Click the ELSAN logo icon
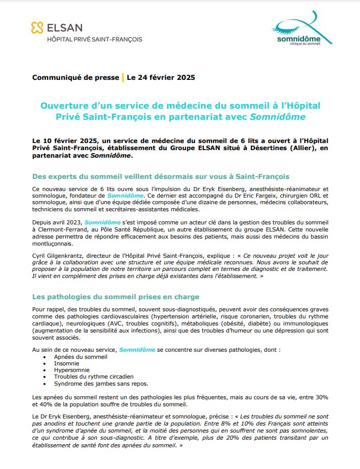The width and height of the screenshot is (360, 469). (x=37, y=28)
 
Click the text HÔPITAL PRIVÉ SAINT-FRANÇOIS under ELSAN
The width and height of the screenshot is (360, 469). (x=95, y=39)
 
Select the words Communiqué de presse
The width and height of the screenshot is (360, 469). (x=75, y=77)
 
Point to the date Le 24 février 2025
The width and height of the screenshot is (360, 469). (x=161, y=77)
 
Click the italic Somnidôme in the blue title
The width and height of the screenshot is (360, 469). (x=278, y=117)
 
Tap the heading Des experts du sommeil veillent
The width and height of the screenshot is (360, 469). (x=160, y=176)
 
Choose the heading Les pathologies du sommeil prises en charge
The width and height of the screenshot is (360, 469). (x=116, y=297)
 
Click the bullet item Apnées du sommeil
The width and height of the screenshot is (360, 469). (x=81, y=357)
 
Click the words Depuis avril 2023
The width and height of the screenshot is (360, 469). (x=57, y=222)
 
